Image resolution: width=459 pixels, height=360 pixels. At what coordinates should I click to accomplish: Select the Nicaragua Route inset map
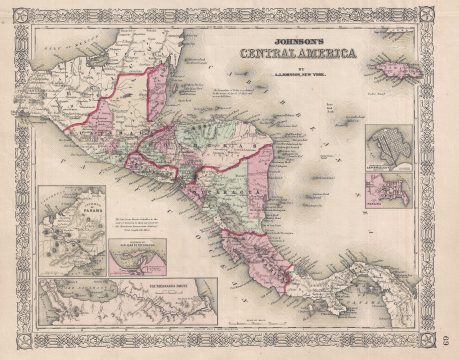[125, 304]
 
